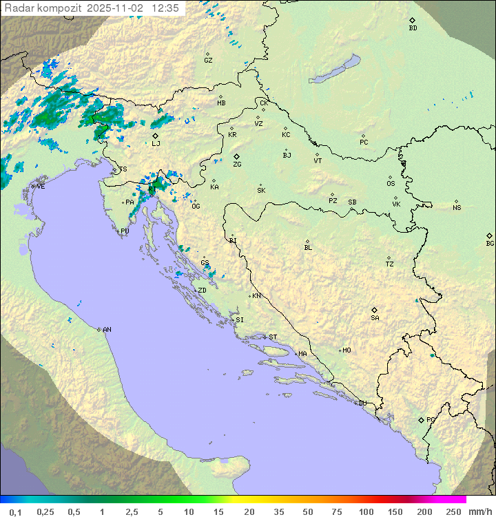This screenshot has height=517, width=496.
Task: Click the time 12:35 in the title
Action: click(165, 8)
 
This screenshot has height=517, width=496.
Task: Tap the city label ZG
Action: click(237, 165)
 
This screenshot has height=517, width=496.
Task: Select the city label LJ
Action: click(156, 143)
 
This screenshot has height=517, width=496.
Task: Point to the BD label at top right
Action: click(413, 28)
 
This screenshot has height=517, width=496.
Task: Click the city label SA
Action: click(375, 317)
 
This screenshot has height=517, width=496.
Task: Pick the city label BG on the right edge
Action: click(490, 243)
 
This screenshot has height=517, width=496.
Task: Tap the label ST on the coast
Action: click(273, 337)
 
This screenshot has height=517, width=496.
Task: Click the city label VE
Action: click(41, 187)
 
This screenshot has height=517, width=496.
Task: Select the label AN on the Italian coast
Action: click(107, 330)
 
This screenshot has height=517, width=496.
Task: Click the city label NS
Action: click(457, 208)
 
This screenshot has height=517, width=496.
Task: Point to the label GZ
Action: click(208, 60)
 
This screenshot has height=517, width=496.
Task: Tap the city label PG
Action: click(431, 419)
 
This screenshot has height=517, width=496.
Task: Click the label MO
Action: click(347, 350)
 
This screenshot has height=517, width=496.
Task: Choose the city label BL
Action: click(308, 247)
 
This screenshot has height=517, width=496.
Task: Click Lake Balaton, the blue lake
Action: click(335, 70)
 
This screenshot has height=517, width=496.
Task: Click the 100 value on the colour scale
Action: click(366, 511)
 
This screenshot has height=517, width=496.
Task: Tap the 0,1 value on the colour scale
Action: click(15, 511)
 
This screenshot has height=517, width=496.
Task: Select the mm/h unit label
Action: click(478, 511)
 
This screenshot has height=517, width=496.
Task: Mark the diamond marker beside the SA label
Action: click(375, 310)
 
